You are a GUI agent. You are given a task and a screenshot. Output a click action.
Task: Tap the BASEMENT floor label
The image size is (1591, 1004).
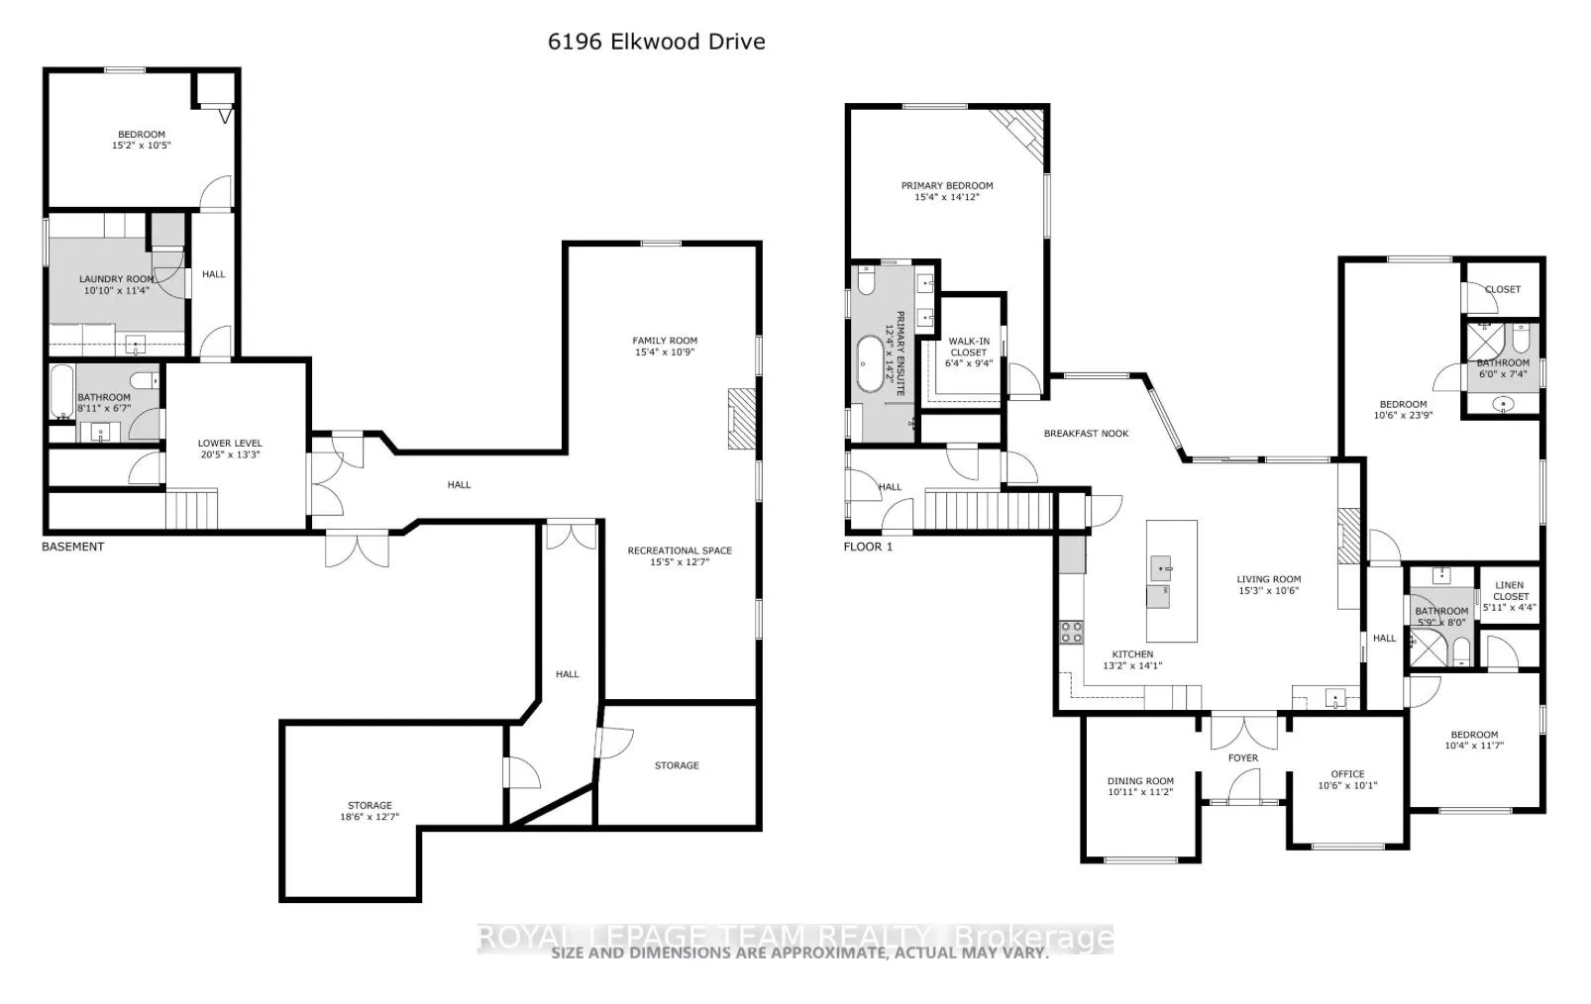tap(72, 547)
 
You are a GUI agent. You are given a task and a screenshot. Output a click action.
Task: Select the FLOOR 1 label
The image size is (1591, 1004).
tap(868, 547)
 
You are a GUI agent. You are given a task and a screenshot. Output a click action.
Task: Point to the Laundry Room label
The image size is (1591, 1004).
tap(116, 279)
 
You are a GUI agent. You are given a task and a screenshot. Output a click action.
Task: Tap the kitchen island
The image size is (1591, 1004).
tap(1171, 580)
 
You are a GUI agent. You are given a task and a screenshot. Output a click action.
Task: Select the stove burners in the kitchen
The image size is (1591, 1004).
tap(1071, 632)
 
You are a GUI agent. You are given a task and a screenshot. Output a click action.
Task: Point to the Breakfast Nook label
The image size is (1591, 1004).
tap(1087, 434)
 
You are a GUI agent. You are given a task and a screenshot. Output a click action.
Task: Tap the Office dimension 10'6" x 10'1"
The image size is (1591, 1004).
tap(1347, 786)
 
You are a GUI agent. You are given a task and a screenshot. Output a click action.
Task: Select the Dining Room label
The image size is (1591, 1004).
tap(1140, 781)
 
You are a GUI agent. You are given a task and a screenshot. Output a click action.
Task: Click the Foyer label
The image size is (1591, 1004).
tap(1243, 758)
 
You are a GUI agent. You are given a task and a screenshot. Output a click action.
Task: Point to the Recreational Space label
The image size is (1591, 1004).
tap(680, 551)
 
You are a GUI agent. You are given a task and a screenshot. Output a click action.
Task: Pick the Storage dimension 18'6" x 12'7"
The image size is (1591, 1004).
tap(370, 818)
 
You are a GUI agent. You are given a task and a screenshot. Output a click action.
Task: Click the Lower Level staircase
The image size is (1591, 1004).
tap(190, 510)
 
